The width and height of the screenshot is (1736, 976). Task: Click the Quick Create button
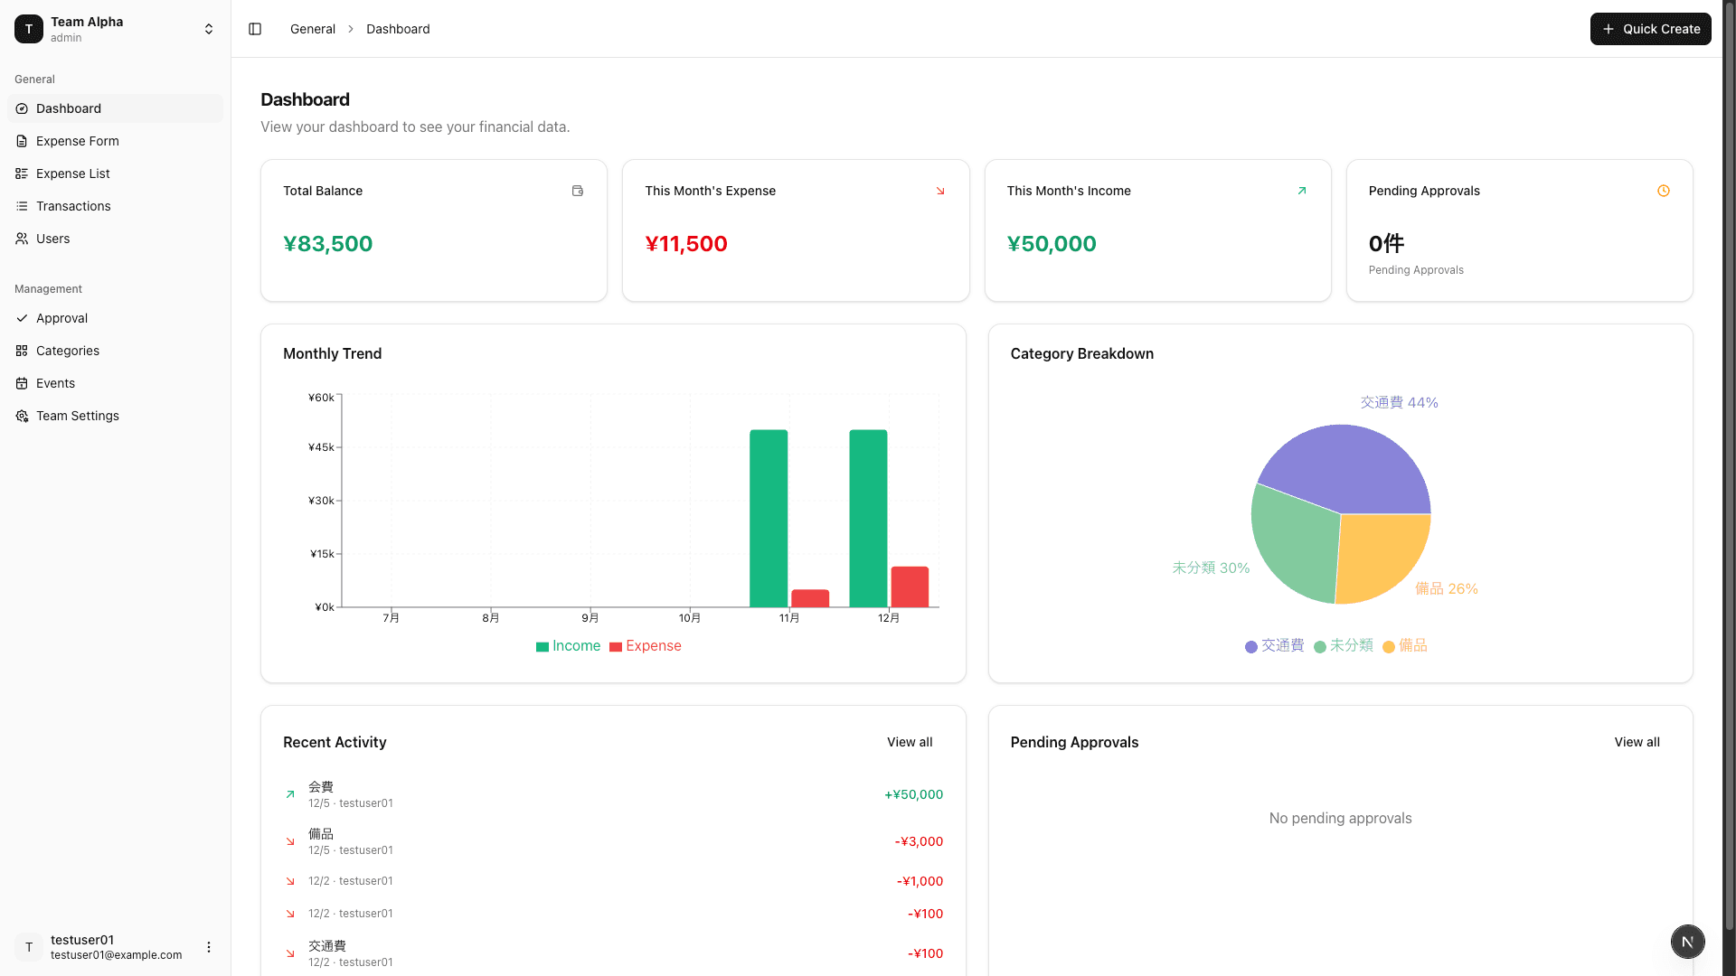coord(1650,29)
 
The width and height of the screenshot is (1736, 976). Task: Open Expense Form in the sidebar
coord(77,141)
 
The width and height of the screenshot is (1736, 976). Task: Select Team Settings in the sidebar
coord(77,416)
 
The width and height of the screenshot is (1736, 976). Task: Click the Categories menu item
coord(68,351)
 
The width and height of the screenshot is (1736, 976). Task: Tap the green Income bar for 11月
coord(769,520)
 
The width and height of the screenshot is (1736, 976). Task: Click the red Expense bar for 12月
coord(910,587)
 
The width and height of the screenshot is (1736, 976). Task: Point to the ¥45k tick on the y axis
coord(321,447)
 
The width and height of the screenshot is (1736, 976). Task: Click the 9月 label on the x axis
coord(590,618)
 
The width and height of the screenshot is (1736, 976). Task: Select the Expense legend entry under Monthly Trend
coord(646,646)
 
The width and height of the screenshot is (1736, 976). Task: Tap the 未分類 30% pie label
coord(1211,568)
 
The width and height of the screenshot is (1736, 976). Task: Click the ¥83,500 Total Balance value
coord(327,244)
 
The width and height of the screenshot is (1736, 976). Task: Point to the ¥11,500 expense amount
coord(685,244)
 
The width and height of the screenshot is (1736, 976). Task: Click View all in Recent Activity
coord(909,742)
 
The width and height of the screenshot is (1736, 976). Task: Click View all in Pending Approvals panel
coord(1637,742)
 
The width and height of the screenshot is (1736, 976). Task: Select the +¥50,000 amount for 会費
coord(913,794)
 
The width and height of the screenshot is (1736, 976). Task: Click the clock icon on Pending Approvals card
coord(1663,191)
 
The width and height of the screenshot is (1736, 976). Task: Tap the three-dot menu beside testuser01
coord(209,947)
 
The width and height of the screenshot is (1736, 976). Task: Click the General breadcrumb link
coord(312,29)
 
